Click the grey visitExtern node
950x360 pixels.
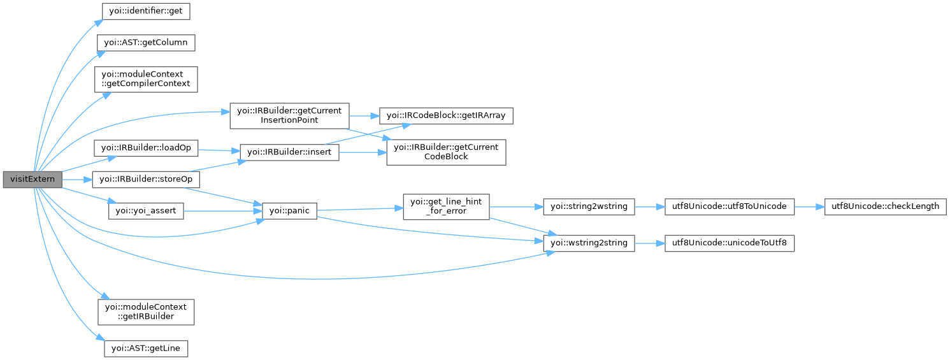[x=32, y=180]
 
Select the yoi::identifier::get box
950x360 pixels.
[x=146, y=11]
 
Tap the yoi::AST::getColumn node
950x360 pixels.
[x=145, y=43]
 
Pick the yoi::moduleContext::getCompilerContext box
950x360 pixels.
[x=146, y=79]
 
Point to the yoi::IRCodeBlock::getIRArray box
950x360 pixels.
[x=446, y=115]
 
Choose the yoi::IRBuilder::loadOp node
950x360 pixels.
[x=146, y=148]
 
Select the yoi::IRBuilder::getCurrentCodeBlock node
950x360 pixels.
[x=446, y=152]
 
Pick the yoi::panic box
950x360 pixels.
[x=291, y=210]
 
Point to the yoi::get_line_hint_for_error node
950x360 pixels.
[x=446, y=206]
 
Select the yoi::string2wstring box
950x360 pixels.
[x=589, y=206]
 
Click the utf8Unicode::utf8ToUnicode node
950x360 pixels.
[x=730, y=206]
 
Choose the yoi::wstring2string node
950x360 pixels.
[x=589, y=243]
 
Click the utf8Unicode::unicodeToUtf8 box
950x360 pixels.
[x=730, y=243]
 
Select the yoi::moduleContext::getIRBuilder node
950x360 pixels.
[x=146, y=312]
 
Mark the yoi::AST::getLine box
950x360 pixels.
[x=146, y=349]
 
